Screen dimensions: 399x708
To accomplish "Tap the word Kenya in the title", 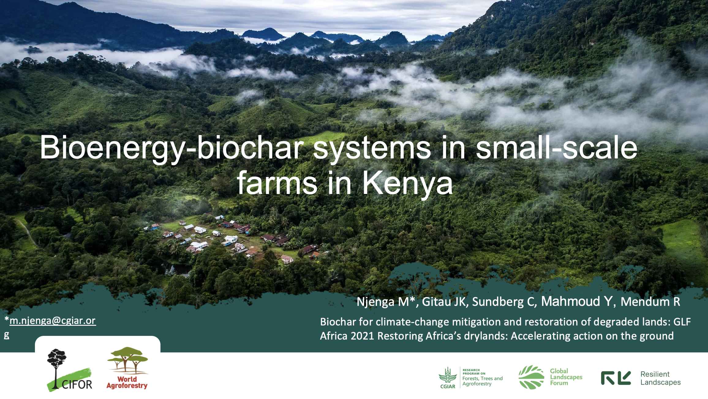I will click(x=407, y=183).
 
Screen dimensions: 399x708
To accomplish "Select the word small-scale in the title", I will click(x=556, y=148).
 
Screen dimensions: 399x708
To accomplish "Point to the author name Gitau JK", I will click(x=444, y=302).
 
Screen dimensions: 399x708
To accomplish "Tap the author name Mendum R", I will click(x=650, y=302).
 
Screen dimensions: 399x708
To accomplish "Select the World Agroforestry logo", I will click(x=127, y=368).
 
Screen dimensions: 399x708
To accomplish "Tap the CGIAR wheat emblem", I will click(x=448, y=375).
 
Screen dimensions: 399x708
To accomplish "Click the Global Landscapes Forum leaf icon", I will click(x=531, y=377).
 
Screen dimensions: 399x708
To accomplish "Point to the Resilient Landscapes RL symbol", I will click(x=616, y=378).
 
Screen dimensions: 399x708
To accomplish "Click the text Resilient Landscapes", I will click(x=660, y=378).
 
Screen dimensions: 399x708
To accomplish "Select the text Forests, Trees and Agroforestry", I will click(x=482, y=381).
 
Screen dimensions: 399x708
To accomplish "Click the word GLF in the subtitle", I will click(x=682, y=322).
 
